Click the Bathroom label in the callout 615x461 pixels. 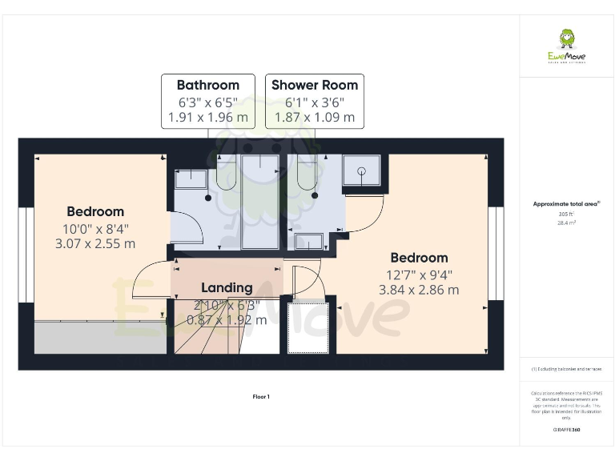pyautogui.click(x=208, y=85)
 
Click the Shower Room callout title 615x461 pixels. pyautogui.click(x=315, y=85)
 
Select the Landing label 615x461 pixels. pyautogui.click(x=227, y=287)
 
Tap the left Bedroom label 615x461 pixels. pyautogui.click(x=95, y=211)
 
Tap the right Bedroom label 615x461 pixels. pyautogui.click(x=419, y=258)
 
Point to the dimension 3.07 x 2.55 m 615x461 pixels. pyautogui.click(x=95, y=243)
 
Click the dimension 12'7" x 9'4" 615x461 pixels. pyautogui.click(x=419, y=274)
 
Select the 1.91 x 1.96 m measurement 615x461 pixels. pyautogui.click(x=208, y=117)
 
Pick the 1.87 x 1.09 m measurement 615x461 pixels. pyautogui.click(x=315, y=117)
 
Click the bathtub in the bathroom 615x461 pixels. pyautogui.click(x=259, y=202)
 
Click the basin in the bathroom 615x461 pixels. pyautogui.click(x=191, y=178)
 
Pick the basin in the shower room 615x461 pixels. pyautogui.click(x=306, y=242)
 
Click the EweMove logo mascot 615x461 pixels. pyautogui.click(x=567, y=38)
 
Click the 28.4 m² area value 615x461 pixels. pyautogui.click(x=566, y=223)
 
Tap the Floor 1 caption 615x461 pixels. pyautogui.click(x=261, y=396)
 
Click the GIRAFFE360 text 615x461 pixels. pyautogui.click(x=566, y=430)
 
